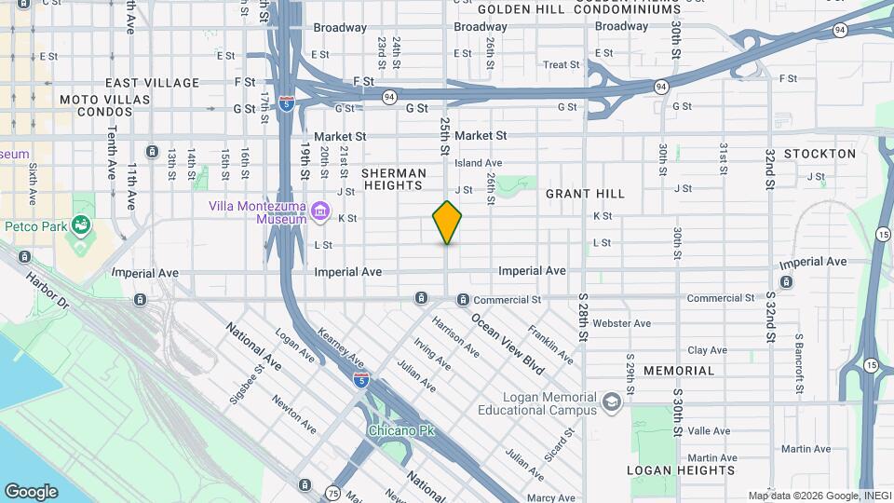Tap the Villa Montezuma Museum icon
320,211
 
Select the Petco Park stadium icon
81,224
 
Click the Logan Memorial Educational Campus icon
612,401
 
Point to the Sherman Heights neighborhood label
393,180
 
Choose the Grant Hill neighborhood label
585,194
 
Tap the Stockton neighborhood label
819,154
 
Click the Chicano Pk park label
401,431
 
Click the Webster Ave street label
622,323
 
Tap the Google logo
31,492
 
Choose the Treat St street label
562,65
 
